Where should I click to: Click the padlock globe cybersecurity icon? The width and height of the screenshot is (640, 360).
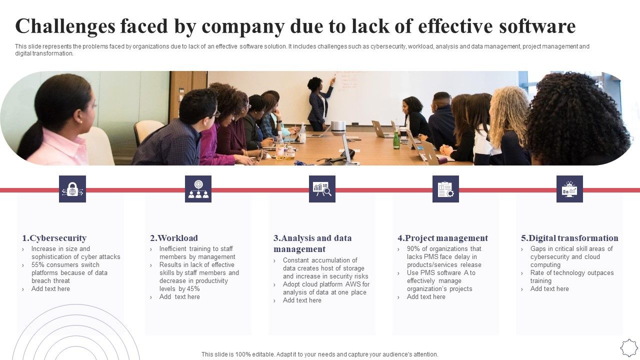[x=72, y=189]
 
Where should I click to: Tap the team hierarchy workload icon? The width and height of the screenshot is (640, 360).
[x=198, y=189]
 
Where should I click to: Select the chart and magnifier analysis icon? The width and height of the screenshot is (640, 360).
[x=322, y=189]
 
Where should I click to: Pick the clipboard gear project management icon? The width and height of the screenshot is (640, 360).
[x=445, y=189]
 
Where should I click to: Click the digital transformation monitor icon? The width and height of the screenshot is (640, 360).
[x=569, y=189]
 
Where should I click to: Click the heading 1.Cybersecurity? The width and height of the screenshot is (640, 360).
[x=54, y=238]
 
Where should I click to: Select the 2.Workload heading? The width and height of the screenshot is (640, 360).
[x=174, y=238]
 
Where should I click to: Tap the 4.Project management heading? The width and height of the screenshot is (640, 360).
[x=442, y=238]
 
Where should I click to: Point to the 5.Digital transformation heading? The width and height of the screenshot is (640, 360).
[x=569, y=238]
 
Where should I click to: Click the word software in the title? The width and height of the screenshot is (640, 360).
[x=537, y=26]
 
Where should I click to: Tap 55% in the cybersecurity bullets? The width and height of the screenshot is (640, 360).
[x=38, y=265]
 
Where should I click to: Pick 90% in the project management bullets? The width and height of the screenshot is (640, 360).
[x=413, y=249]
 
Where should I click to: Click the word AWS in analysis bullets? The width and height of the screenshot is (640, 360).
[x=353, y=284]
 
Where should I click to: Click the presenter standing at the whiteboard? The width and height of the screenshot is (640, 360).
[x=319, y=102]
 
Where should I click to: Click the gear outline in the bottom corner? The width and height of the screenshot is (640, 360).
[x=628, y=347]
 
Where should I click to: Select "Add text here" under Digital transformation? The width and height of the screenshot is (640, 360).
[x=549, y=289]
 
